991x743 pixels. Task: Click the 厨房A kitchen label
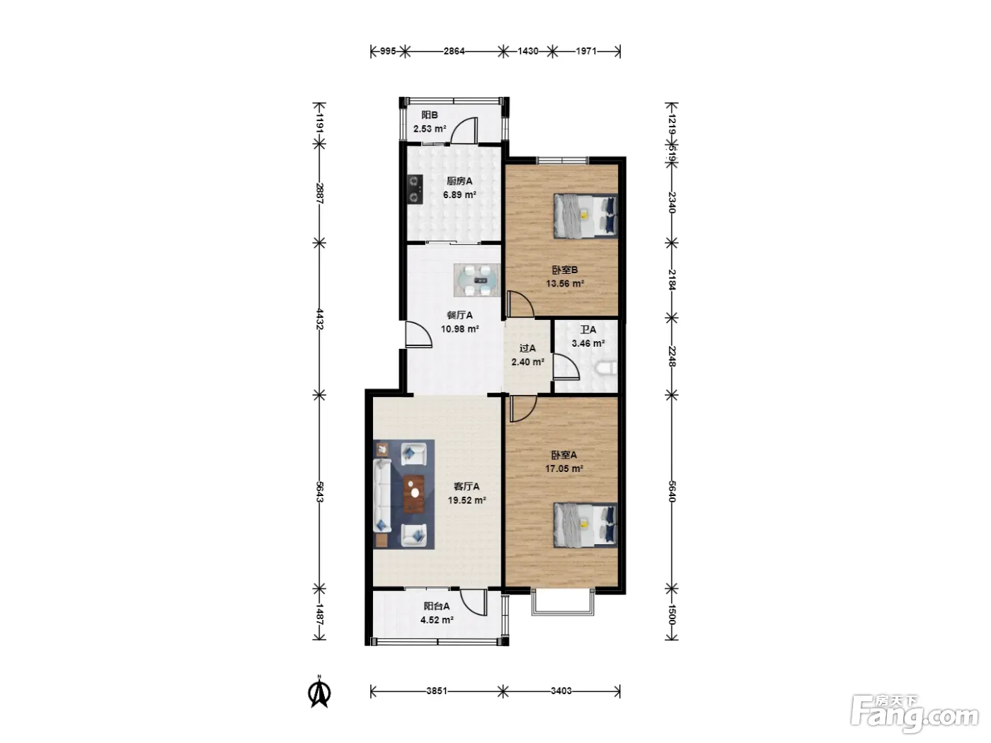(459, 181)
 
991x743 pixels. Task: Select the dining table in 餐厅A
(477, 280)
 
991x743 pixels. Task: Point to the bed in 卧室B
(585, 216)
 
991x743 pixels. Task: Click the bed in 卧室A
(585, 525)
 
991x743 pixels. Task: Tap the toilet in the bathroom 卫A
(607, 369)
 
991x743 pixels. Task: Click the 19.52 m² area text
(466, 500)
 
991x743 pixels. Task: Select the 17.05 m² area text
(564, 468)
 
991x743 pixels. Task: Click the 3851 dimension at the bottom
(437, 691)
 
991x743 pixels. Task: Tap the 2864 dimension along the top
(454, 51)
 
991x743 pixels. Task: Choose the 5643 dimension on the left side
(319, 492)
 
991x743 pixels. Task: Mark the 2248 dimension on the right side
(671, 357)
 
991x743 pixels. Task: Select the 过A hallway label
(527, 348)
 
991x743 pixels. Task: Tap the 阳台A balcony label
(437, 606)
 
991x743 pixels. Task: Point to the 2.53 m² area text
(430, 129)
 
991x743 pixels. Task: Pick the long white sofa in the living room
(382, 495)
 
